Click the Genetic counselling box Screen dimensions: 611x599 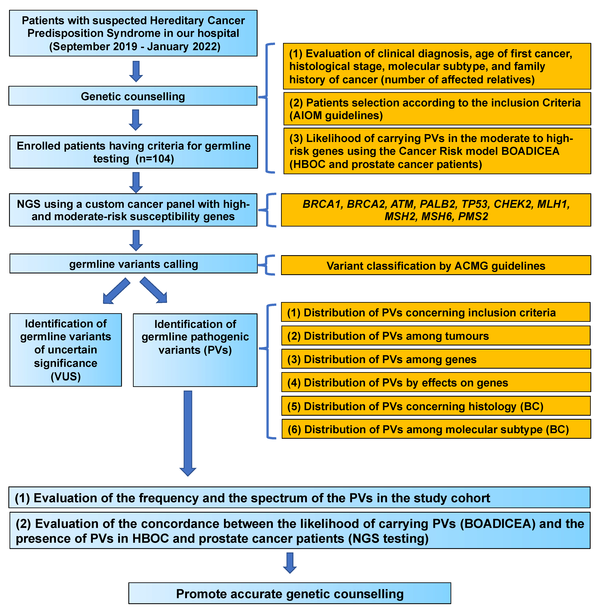coord(133,96)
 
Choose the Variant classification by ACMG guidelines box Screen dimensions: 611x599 coord(436,266)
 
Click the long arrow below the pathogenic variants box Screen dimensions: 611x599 coord(188,432)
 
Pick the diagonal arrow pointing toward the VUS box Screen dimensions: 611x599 coord(116,291)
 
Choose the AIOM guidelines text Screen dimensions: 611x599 coord(336,116)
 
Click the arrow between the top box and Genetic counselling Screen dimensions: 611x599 coord(136,71)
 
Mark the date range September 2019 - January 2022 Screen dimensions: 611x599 coord(135,47)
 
